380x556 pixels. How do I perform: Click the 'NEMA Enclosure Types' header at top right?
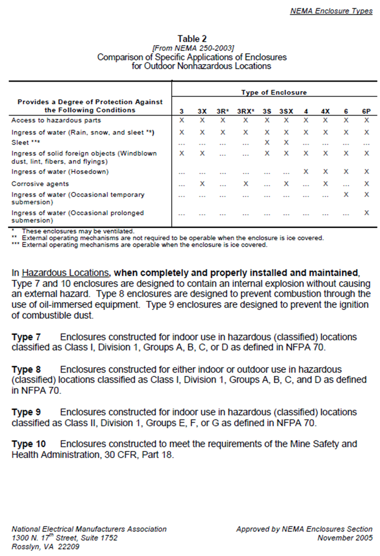tap(331, 11)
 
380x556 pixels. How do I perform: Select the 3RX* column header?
tap(245, 111)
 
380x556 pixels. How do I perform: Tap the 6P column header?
tap(367, 111)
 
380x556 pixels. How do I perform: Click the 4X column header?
tap(325, 111)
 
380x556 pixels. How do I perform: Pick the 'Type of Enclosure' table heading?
tap(274, 92)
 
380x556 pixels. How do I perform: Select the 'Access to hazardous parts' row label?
tap(56, 120)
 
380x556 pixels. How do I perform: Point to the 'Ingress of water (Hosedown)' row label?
tap(60, 172)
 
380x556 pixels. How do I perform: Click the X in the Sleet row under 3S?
tap(267, 142)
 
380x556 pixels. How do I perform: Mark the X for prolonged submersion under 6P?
tap(367, 213)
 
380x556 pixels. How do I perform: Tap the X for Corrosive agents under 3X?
tap(202, 184)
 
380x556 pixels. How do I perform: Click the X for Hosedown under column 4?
tap(306, 172)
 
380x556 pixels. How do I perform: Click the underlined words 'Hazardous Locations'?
tap(65, 273)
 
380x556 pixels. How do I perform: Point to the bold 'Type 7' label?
tap(26, 337)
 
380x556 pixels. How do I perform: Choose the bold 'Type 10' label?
tap(28, 444)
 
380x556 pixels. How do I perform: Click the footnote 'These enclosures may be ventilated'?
tap(78, 231)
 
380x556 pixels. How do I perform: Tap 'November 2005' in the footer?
tap(344, 538)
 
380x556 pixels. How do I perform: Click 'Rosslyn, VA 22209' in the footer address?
tap(45, 546)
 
